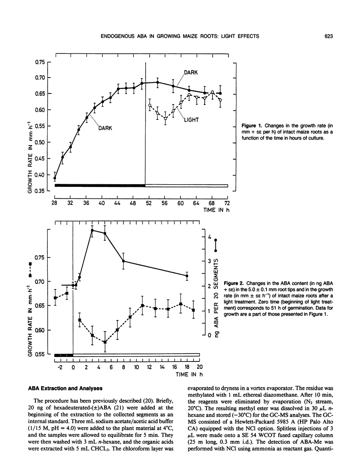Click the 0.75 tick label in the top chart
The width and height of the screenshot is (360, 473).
point(40,62)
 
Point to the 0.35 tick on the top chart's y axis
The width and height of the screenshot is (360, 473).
point(40,191)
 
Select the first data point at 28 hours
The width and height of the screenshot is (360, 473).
point(55,179)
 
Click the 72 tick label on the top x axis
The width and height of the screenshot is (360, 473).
point(227,203)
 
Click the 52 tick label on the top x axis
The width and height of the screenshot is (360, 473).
point(149,203)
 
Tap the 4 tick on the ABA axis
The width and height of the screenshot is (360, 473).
point(209,236)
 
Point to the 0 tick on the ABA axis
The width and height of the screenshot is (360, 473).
point(209,336)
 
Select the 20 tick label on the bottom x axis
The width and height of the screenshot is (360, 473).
point(199,367)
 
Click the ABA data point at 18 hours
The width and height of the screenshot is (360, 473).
point(187,276)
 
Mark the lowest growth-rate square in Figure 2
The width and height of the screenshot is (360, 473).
point(105,342)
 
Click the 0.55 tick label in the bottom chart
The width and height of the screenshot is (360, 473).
point(40,354)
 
